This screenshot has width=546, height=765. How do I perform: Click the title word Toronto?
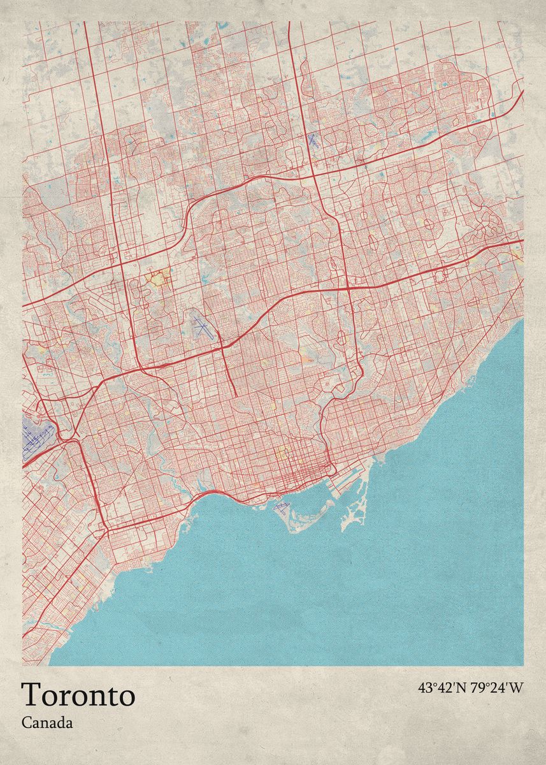[x=78, y=694]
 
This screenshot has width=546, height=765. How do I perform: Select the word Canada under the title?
[x=47, y=723]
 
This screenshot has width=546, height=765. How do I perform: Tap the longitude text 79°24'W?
[x=497, y=688]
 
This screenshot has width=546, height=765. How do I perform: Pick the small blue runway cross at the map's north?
[x=312, y=140]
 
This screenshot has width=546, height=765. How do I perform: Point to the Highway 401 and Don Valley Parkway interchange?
[x=348, y=288]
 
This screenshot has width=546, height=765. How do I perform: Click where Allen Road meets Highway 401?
[x=222, y=347]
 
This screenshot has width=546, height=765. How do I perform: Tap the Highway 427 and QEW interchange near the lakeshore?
[x=105, y=528]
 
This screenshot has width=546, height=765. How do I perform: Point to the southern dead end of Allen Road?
[x=236, y=396]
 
